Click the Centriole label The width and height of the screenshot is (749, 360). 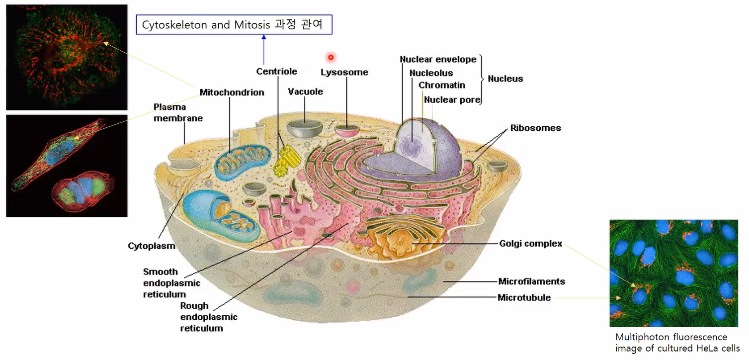coord(276,72)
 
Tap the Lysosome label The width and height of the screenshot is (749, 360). coord(344,73)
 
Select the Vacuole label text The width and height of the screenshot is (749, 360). coord(305,92)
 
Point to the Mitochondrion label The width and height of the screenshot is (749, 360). coord(232,92)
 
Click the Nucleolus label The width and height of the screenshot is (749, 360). coord(431,74)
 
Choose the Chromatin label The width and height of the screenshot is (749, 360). coord(442,86)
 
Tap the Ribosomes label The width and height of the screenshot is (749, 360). coord(535,128)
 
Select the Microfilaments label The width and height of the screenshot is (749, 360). coord(531,281)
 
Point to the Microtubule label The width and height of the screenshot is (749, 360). coord(524,298)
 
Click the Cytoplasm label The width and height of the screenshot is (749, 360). coord(152,246)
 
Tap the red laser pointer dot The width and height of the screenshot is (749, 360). coord(331,57)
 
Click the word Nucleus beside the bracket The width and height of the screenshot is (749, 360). coord(505,79)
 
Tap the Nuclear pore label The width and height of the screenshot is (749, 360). coord(452,100)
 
